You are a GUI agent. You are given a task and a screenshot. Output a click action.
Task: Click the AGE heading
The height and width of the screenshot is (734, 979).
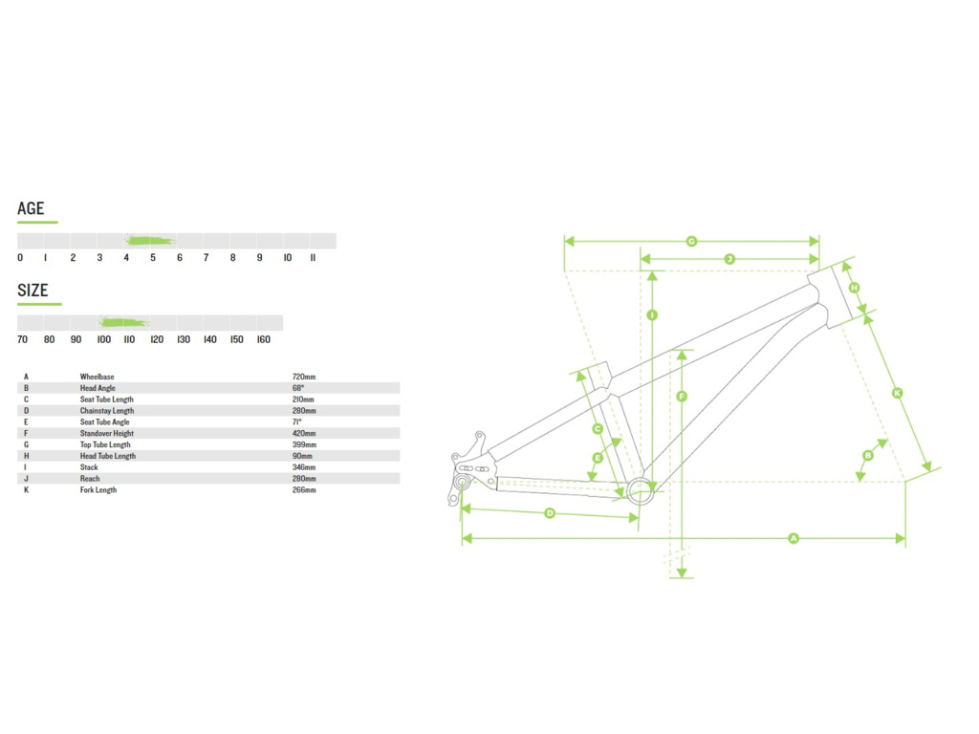click(31, 208)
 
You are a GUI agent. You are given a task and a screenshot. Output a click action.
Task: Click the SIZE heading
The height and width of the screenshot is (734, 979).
click(33, 291)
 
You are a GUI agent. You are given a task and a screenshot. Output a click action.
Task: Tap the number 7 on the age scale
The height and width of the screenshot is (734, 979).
click(207, 257)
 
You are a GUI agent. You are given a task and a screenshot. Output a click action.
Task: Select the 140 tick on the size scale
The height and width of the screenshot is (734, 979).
click(209, 339)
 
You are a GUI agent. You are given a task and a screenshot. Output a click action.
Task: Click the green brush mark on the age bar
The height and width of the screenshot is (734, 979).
click(150, 240)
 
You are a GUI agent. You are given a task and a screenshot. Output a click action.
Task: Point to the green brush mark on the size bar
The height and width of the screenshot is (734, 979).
click(123, 322)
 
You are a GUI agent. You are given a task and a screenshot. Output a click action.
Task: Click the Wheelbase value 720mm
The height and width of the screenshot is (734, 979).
click(304, 377)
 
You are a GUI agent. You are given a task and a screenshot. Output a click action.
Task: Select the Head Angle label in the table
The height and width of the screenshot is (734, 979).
click(98, 388)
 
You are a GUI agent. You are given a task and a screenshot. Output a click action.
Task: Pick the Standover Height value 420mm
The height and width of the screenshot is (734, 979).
click(304, 433)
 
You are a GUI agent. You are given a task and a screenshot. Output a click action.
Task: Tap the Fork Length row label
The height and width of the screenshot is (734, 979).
click(98, 490)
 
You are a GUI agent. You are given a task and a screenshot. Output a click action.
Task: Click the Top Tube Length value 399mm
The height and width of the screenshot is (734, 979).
click(304, 444)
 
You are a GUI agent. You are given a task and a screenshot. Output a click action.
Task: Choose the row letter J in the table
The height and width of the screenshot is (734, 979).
click(26, 479)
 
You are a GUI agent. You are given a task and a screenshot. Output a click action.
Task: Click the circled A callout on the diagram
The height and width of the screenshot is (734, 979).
click(793, 538)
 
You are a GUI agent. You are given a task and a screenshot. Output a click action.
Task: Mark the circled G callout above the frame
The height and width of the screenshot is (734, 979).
click(691, 241)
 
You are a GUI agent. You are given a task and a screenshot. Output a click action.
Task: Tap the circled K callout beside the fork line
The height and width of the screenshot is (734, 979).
click(897, 393)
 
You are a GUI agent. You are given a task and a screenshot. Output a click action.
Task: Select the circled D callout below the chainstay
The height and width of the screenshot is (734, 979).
click(550, 513)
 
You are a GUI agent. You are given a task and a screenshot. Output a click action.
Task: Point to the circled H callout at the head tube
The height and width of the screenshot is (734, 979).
click(854, 287)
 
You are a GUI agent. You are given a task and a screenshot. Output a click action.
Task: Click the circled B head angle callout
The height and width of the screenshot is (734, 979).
click(868, 455)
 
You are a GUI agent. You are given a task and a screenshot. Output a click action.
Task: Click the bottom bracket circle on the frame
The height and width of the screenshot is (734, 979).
click(640, 491)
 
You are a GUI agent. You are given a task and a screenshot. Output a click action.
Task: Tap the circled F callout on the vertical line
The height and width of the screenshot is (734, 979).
click(682, 397)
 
